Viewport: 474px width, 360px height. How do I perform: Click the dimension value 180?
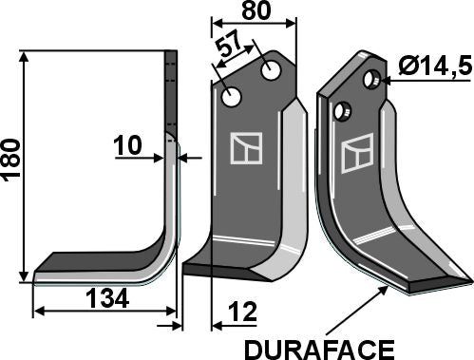(x=11, y=163)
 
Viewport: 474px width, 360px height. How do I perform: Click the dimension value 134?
(x=106, y=299)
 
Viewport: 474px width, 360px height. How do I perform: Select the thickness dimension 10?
(x=128, y=147)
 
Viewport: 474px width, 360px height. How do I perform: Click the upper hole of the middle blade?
(x=272, y=69)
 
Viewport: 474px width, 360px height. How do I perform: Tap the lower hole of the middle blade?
(x=232, y=97)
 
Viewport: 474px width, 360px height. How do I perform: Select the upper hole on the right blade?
(x=376, y=81)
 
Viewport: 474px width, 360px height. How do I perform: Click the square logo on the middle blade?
(x=245, y=149)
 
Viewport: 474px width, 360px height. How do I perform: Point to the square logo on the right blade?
(x=357, y=152)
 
